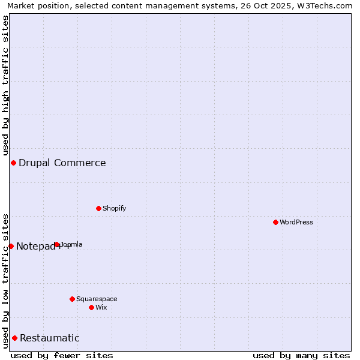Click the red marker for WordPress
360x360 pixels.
point(275,222)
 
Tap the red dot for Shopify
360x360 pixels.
point(98,208)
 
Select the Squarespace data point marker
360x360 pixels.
point(72,299)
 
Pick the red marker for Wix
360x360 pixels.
point(91,307)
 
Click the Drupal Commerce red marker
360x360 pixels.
point(13,163)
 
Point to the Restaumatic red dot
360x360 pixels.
point(14,338)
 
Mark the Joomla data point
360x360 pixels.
point(56,244)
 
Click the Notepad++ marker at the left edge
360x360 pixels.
point(11,246)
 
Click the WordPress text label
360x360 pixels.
point(296,222)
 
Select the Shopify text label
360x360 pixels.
point(114,208)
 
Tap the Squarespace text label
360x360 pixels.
point(97,299)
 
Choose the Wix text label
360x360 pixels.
point(101,307)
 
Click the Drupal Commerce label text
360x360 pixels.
point(62,163)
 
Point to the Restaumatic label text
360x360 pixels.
point(50,338)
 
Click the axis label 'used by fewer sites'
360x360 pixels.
point(62,355)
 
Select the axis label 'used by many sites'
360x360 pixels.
point(301,355)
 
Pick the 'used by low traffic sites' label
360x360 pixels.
point(5,280)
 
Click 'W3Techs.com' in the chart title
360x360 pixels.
point(326,5)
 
